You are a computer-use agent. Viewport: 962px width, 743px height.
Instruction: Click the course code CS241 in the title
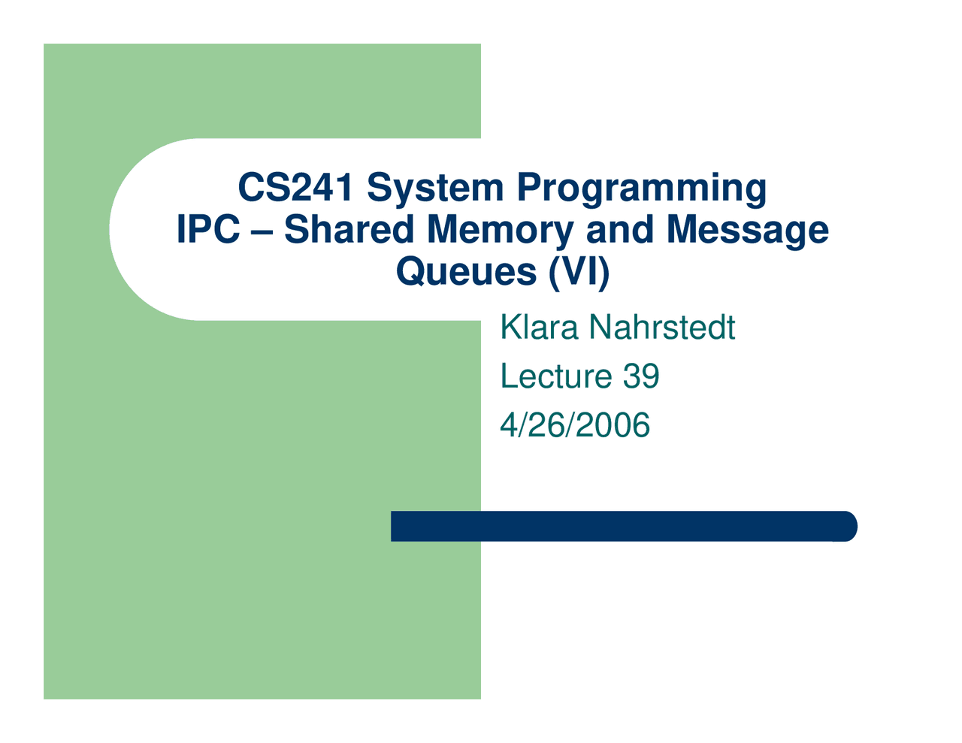click(x=295, y=188)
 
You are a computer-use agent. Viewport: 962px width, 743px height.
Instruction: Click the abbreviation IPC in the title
click(x=208, y=230)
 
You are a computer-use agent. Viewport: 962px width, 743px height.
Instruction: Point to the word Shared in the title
click(x=349, y=230)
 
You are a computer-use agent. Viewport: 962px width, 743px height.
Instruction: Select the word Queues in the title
click(x=466, y=271)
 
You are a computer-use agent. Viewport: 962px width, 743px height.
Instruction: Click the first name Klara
click(x=539, y=328)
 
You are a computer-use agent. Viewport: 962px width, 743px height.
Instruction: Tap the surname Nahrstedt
click(x=662, y=328)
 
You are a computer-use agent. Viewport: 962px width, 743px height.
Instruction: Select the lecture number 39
click(x=640, y=376)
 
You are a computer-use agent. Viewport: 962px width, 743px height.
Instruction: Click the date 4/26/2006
click(x=575, y=425)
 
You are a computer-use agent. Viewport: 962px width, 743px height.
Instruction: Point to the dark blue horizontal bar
click(x=616, y=526)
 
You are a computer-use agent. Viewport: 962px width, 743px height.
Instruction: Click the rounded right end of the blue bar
click(x=848, y=526)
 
